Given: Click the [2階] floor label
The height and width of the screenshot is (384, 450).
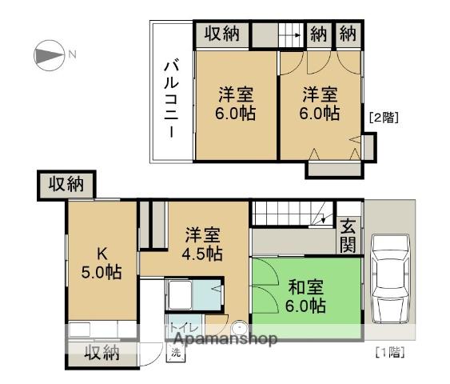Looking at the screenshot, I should pos(383,117).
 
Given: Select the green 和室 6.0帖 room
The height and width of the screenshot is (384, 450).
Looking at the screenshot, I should pos(305,294).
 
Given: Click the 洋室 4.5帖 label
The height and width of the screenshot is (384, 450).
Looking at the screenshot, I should pos(204,245).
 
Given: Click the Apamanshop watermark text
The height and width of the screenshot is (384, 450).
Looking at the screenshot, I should pos(223,339).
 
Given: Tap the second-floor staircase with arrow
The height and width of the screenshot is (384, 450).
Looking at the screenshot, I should pos(289,34).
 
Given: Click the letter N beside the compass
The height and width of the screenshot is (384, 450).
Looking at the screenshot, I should pos(71,54).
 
